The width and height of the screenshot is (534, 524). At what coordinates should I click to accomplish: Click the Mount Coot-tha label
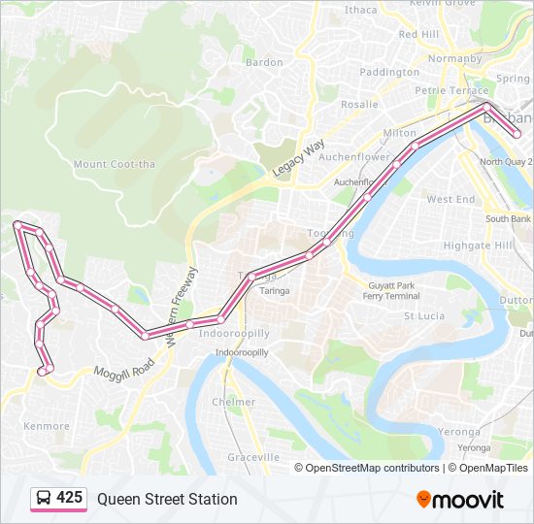(x=115, y=164)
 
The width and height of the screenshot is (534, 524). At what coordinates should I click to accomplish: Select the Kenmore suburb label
(x=47, y=426)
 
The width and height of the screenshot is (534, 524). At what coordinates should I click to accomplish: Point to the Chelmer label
(x=233, y=402)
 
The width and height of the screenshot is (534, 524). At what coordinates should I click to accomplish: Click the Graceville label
(x=253, y=456)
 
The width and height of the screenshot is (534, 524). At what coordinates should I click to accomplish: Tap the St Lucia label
(x=423, y=316)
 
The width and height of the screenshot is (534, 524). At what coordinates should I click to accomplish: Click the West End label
(x=451, y=199)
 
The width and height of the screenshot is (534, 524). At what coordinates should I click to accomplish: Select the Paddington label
(x=389, y=72)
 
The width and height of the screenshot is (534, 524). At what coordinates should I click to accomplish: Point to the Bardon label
(x=264, y=62)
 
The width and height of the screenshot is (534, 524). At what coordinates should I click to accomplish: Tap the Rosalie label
(x=358, y=104)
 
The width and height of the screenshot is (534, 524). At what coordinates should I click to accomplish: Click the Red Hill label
(x=418, y=34)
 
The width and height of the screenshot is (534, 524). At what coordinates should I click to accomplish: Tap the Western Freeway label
(x=182, y=307)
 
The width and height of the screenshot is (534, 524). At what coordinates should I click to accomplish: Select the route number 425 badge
(x=69, y=498)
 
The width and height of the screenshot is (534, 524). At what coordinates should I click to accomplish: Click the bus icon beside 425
(x=45, y=499)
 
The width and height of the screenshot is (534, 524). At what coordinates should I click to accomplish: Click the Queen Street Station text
(x=167, y=499)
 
